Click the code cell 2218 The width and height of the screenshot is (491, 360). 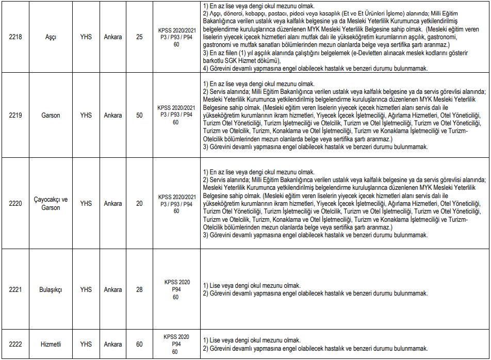click(x=15, y=37)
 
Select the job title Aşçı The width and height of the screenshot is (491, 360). click(x=51, y=37)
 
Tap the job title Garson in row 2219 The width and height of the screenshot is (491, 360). click(x=51, y=115)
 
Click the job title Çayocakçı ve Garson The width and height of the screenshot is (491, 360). click(x=51, y=204)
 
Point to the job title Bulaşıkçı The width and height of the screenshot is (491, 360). click(x=51, y=289)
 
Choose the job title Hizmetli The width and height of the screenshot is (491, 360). click(x=51, y=344)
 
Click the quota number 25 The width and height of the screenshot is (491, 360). click(x=139, y=37)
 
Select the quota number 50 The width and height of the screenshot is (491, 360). click(x=139, y=115)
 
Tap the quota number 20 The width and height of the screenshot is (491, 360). click(x=139, y=204)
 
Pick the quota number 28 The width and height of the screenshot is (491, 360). click(x=139, y=289)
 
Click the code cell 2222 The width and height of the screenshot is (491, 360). click(x=15, y=344)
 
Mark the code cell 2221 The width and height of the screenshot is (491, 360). click(x=15, y=289)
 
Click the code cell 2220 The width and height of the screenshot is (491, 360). click(x=15, y=204)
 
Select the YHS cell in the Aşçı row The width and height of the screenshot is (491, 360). click(x=86, y=37)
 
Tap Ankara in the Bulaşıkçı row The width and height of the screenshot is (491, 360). click(x=113, y=289)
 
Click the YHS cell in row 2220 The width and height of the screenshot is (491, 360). click(x=86, y=204)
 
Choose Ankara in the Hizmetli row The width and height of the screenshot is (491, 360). click(x=113, y=344)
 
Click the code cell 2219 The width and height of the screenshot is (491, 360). click(x=15, y=115)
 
